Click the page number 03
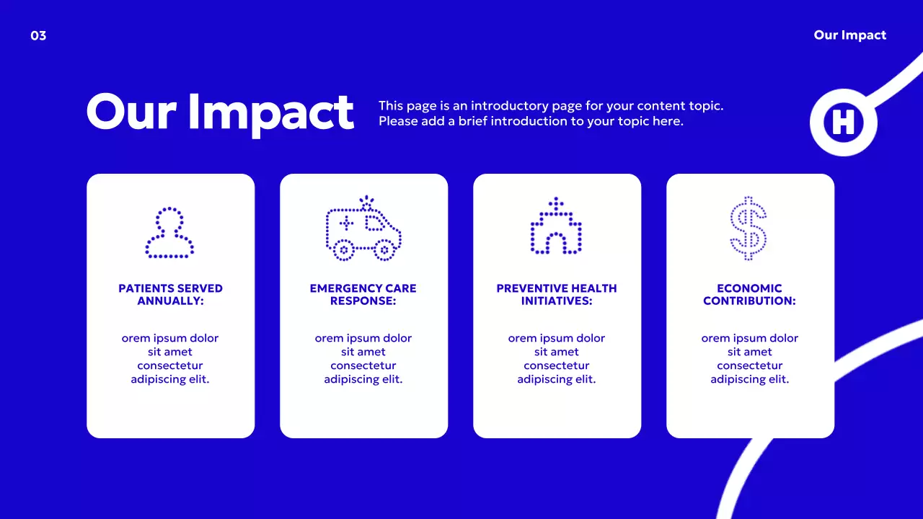[38, 35]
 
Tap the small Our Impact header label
[849, 35]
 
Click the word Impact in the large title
[271, 112]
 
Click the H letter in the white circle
[843, 123]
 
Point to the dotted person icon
[170, 233]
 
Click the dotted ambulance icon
[363, 229]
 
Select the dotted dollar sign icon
[748, 228]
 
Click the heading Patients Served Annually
[170, 294]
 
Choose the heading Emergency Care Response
[363, 294]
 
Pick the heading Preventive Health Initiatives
[557, 294]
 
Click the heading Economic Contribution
[750, 294]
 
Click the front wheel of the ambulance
[384, 251]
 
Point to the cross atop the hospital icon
[555, 203]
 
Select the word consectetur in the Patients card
[170, 365]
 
